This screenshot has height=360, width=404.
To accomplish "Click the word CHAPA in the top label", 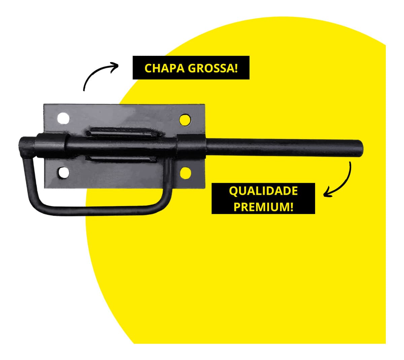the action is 164,68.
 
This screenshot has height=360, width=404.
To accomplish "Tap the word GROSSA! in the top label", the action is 213,68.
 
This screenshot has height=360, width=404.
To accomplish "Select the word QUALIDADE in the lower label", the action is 263,191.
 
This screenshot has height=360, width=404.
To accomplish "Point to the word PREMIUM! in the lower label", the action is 263,207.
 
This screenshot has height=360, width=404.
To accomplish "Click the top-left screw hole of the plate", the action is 63,118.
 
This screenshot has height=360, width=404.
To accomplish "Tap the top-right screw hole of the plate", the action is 185,120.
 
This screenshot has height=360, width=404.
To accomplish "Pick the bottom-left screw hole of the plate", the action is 64,173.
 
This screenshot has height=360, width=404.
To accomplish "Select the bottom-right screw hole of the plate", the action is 185,173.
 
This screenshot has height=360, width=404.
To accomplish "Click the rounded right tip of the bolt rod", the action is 361,148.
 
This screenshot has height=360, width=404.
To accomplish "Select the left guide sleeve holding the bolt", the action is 52,146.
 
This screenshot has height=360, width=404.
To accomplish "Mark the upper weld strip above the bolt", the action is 124,132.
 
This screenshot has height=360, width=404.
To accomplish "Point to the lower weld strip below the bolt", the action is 121,159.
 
